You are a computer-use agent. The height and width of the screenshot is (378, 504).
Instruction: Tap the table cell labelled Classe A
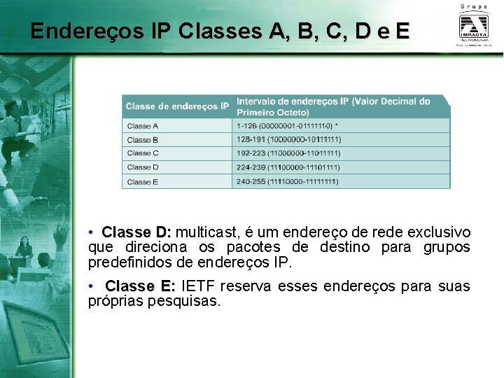pyautogui.click(x=143, y=126)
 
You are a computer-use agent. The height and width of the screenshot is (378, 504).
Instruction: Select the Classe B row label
pyautogui.click(x=143, y=140)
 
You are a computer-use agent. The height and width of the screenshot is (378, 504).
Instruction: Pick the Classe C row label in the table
pyautogui.click(x=143, y=153)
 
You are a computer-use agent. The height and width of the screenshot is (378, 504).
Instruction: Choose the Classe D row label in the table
pyautogui.click(x=143, y=167)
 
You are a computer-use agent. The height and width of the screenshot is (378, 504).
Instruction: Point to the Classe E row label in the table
pyautogui.click(x=143, y=182)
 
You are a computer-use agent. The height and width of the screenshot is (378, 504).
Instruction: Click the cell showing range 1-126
pyautogui.click(x=288, y=126)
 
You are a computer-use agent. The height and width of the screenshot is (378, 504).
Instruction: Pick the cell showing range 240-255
pyautogui.click(x=288, y=182)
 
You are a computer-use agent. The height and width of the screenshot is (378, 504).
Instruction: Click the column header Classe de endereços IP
pyautogui.click(x=177, y=106)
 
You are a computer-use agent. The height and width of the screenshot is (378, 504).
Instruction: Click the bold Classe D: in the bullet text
pyautogui.click(x=136, y=232)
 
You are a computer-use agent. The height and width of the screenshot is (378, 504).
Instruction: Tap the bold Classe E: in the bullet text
pyautogui.click(x=140, y=286)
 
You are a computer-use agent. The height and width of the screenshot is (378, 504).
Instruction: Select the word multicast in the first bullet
pyautogui.click(x=208, y=232)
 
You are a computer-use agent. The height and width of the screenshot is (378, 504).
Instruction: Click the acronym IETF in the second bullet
pyautogui.click(x=199, y=286)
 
